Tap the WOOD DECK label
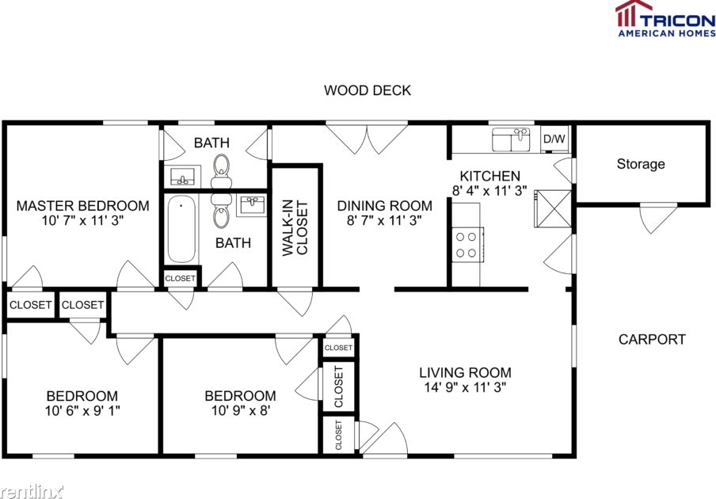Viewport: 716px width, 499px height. (368, 90)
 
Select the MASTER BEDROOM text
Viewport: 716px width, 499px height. (82, 206)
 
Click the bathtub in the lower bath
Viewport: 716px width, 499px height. (181, 230)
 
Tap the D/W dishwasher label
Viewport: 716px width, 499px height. (554, 139)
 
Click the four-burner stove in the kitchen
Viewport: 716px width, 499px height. (467, 243)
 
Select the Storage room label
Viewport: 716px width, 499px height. (641, 164)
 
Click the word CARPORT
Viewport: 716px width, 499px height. (652, 339)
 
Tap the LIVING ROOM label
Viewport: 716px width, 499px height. (465, 372)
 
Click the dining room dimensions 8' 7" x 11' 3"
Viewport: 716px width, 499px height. (385, 221)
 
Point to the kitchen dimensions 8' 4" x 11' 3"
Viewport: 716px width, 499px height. (490, 191)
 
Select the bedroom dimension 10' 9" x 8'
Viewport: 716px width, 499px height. (240, 410)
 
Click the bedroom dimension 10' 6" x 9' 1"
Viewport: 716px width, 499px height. (82, 410)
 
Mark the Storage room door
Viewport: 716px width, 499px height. (658, 219)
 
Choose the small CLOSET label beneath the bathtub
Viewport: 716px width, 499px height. (180, 278)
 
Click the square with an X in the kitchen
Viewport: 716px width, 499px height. (551, 208)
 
